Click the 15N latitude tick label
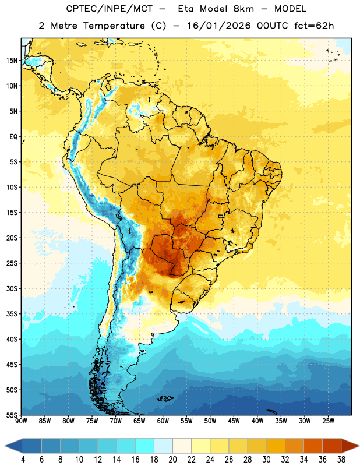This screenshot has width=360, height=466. [x=12, y=61]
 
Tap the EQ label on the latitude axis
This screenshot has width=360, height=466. [x=13, y=137]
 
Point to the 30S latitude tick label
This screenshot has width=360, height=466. [x=12, y=288]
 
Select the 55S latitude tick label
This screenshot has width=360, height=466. [x=12, y=415]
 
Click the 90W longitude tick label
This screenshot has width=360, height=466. [x=21, y=421]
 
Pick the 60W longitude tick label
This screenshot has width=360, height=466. [x=163, y=421]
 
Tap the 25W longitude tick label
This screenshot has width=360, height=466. [x=328, y=421]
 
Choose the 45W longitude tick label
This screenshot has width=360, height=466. [x=234, y=421]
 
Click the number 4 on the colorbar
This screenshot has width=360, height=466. [x=23, y=460]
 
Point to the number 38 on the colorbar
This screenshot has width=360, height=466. [x=341, y=460]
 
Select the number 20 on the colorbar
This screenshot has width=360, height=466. [x=172, y=460]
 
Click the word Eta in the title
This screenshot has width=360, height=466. [x=185, y=9]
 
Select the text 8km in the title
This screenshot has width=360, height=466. [x=243, y=9]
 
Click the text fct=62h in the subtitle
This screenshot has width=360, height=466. [x=314, y=26]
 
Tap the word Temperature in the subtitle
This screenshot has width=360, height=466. [x=114, y=26]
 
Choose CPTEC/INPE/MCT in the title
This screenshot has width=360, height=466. [x=109, y=9]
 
